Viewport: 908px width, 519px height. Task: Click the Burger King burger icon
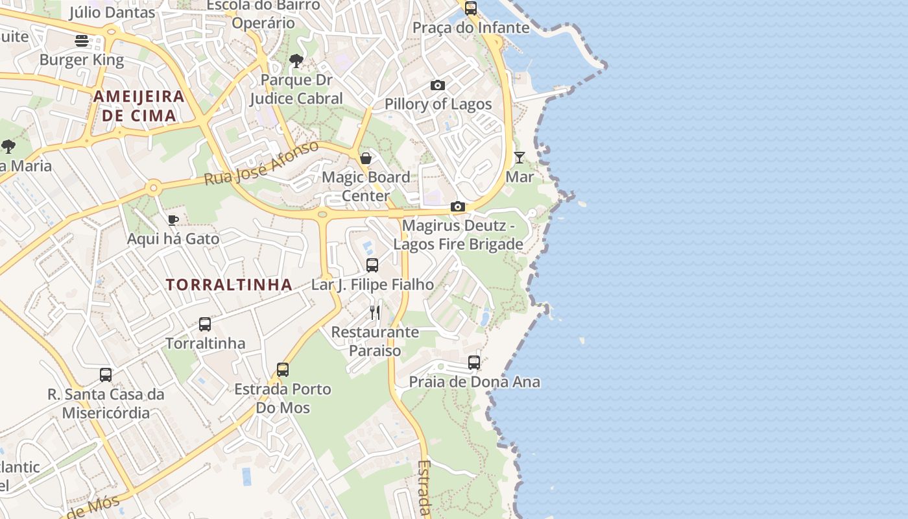click(x=82, y=41)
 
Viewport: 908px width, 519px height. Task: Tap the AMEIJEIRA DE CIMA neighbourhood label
click(x=139, y=106)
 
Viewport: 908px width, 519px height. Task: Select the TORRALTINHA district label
click(x=229, y=285)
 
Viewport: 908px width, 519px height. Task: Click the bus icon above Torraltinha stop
click(x=205, y=324)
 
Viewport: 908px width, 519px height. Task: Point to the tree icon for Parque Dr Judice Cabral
click(x=296, y=62)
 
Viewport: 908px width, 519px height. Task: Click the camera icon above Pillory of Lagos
click(x=438, y=86)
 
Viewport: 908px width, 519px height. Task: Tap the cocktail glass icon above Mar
click(x=520, y=158)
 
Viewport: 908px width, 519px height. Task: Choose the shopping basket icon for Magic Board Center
click(x=366, y=158)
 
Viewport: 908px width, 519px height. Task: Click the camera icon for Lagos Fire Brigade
click(x=458, y=207)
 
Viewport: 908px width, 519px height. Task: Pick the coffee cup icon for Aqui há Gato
click(x=173, y=220)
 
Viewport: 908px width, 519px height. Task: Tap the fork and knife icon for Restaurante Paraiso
click(x=375, y=313)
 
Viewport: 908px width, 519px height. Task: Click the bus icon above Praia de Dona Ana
click(x=474, y=363)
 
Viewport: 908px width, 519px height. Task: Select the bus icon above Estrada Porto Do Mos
click(x=283, y=370)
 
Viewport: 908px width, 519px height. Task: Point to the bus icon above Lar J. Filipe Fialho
click(x=372, y=265)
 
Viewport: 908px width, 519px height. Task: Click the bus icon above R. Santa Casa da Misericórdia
click(x=106, y=375)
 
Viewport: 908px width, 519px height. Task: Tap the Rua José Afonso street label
click(x=261, y=163)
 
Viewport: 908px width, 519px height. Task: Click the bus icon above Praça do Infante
click(x=471, y=8)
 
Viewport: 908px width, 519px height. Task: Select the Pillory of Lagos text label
click(x=438, y=104)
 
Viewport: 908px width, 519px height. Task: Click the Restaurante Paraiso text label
click(x=375, y=341)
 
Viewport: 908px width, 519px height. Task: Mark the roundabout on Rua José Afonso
click(x=153, y=188)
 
